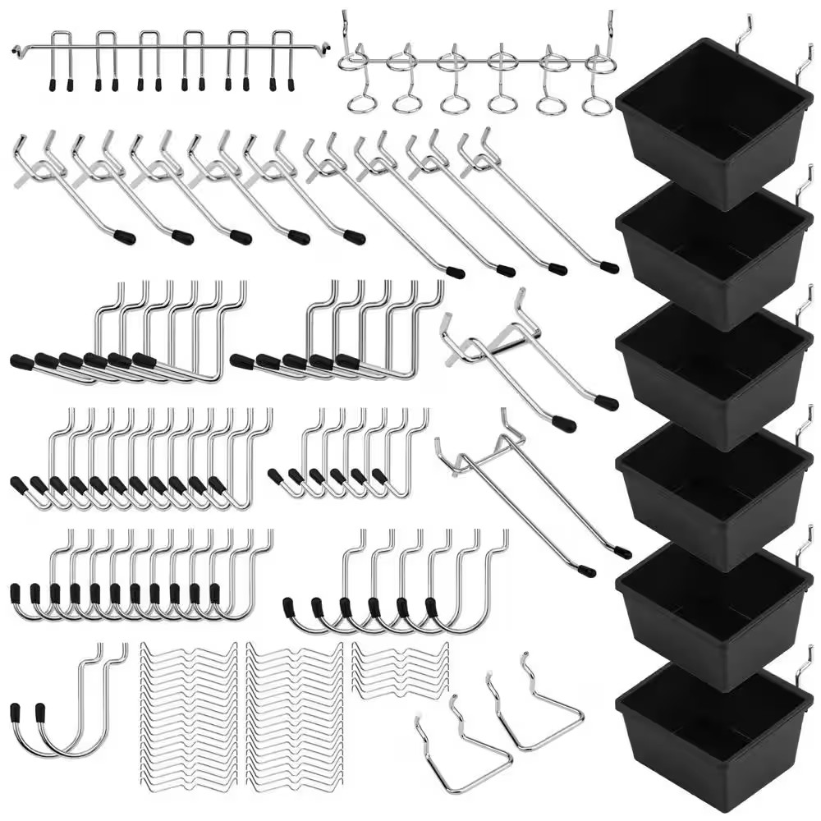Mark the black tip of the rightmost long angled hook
coord(608,267)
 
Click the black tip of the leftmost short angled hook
coord(125,237)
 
